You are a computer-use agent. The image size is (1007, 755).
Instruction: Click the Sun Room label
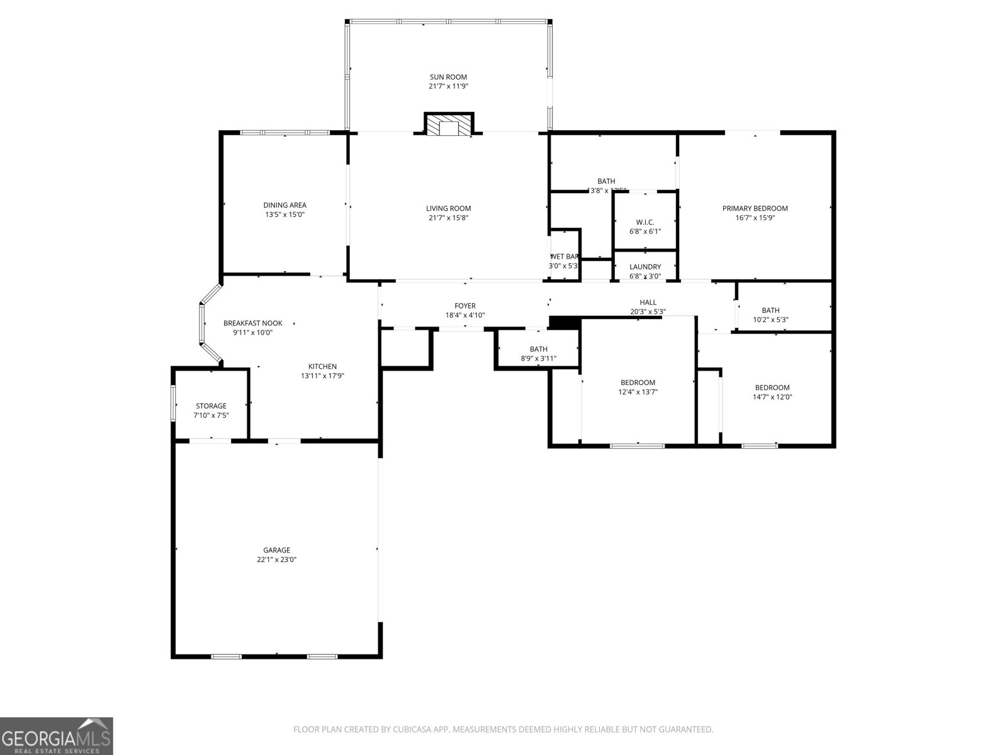(x=448, y=77)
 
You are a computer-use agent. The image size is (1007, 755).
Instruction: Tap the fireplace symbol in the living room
(x=449, y=125)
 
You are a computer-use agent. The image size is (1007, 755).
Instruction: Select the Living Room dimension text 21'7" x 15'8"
(x=448, y=218)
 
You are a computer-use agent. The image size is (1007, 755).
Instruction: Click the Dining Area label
(x=284, y=205)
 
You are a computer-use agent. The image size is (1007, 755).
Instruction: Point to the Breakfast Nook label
(x=252, y=323)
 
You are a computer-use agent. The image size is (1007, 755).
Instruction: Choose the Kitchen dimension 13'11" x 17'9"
(x=322, y=376)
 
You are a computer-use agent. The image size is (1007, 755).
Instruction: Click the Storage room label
(x=211, y=406)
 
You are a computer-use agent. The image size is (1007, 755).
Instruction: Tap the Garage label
(x=276, y=550)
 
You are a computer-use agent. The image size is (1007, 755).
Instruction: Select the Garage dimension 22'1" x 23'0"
(x=276, y=559)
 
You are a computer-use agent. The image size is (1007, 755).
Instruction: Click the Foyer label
(x=465, y=306)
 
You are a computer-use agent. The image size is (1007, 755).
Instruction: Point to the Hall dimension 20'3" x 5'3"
(x=648, y=311)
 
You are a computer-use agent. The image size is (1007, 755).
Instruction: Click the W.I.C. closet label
(x=645, y=222)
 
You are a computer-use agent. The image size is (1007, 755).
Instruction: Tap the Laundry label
(x=645, y=267)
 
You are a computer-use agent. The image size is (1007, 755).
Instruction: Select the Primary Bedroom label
(x=755, y=208)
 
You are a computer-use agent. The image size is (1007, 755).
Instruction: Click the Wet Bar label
(x=565, y=257)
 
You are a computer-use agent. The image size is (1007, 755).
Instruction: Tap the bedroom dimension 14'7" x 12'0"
(x=772, y=397)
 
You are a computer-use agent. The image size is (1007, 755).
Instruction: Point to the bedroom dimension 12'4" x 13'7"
(x=638, y=392)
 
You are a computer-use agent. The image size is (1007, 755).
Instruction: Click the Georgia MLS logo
(x=57, y=736)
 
